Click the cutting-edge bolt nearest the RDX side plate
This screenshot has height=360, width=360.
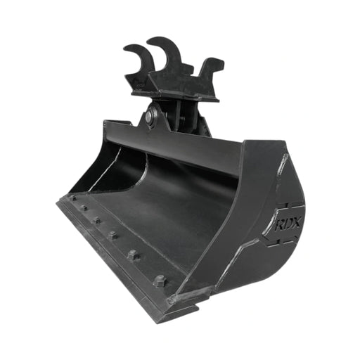[x=160, y=280]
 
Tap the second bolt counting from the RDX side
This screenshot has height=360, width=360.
[x=133, y=255]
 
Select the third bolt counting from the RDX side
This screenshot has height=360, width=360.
[x=112, y=235]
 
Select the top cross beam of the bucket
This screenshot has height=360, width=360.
[x=176, y=144]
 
